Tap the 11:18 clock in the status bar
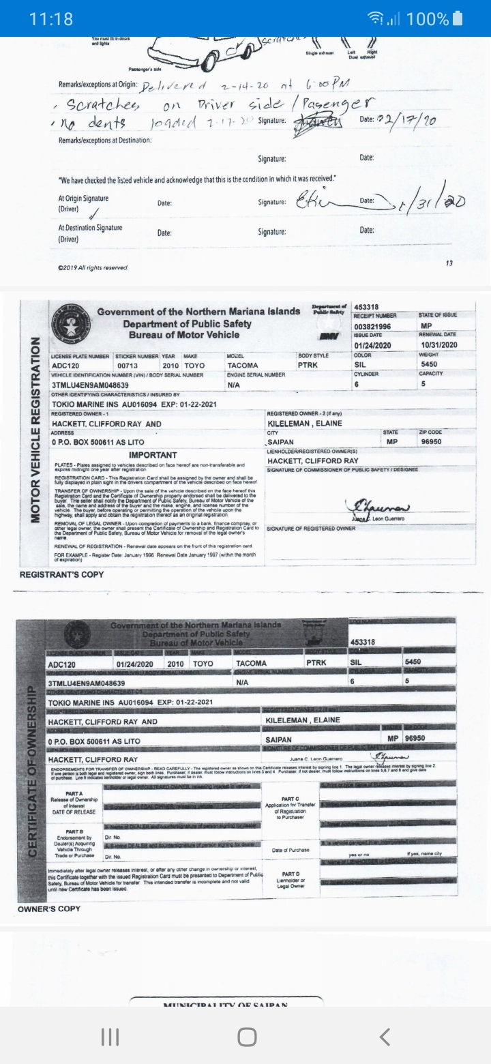click(51, 18)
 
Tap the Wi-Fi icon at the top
click(393, 18)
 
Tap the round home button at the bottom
click(247, 1037)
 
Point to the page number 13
click(448, 263)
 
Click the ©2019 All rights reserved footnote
click(93, 267)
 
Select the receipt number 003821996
click(372, 327)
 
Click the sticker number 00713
click(128, 366)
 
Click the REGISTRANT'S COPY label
click(62, 574)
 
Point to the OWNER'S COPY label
click(49, 908)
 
